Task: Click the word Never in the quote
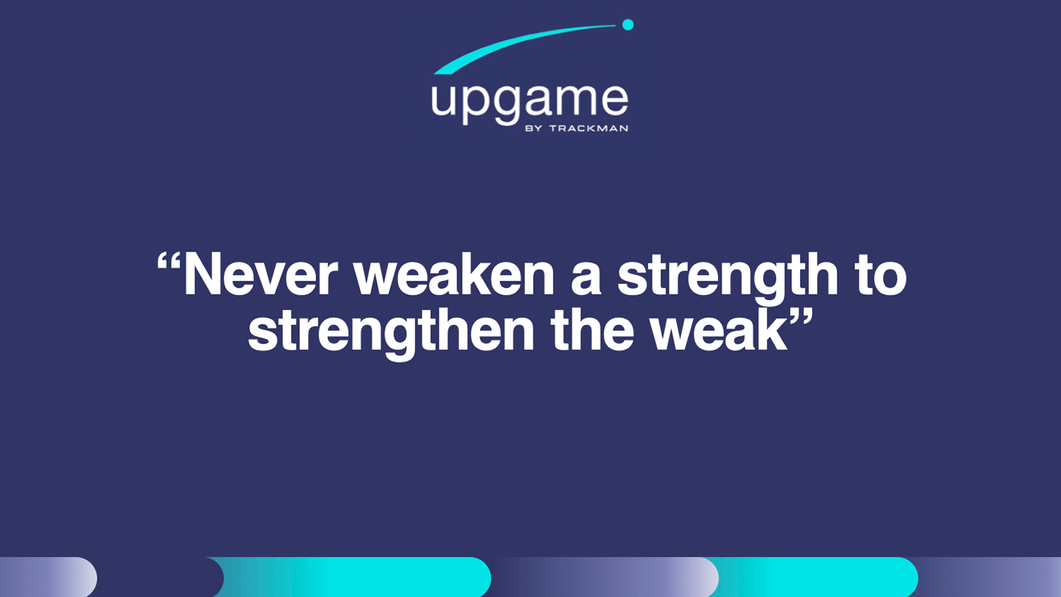[260, 275]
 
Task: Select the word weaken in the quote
[454, 275]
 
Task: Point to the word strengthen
[391, 331]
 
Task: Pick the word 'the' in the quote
[592, 331]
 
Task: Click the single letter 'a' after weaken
[586, 279]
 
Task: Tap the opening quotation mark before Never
[169, 261]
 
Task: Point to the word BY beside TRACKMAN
[534, 129]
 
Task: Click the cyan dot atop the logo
[627, 25]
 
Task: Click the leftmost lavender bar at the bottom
[48, 577]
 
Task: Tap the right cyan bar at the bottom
[818, 577]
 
